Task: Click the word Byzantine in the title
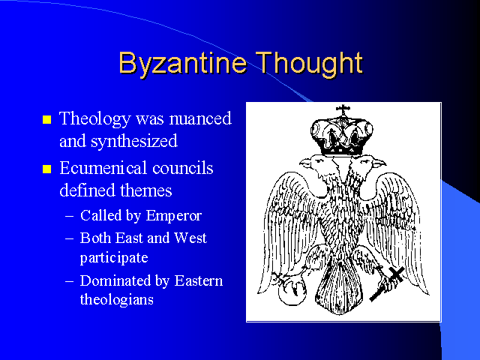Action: [x=182, y=63]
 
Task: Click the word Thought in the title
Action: [x=309, y=63]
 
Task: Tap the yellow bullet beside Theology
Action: [x=46, y=119]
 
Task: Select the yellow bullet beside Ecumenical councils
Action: [x=46, y=169]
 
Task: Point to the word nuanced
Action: [x=200, y=118]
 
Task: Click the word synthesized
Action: [x=133, y=142]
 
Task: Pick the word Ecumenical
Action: [x=103, y=168]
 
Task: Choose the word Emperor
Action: [x=173, y=216]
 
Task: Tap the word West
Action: [x=190, y=238]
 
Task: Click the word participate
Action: [x=114, y=258]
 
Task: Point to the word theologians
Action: [x=117, y=300]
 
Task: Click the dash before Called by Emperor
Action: [x=70, y=216]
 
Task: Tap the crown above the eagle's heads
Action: [x=342, y=136]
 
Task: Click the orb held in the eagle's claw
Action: [x=292, y=293]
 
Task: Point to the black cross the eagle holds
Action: [x=388, y=283]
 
